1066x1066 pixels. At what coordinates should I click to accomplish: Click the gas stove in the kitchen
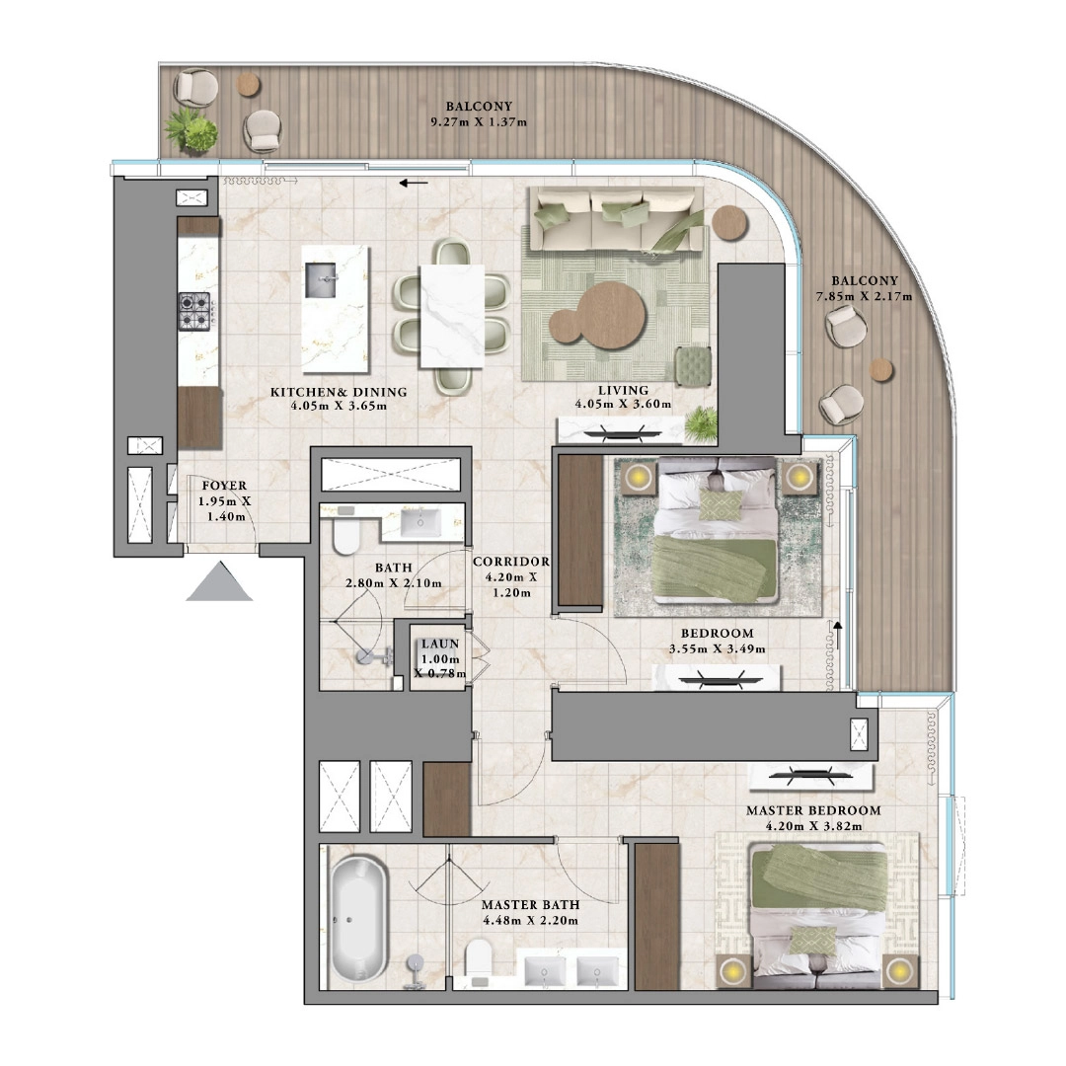[x=194, y=311]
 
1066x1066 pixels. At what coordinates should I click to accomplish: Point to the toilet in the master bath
[x=479, y=960]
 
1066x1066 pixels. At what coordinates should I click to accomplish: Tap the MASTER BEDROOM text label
[x=813, y=810]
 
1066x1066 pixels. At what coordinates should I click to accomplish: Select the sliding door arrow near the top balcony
[x=415, y=183]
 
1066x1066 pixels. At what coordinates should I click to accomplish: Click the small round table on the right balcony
[x=880, y=369]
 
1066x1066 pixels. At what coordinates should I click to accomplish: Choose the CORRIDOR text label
[x=509, y=562]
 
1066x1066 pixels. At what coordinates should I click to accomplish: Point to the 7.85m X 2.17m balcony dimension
[x=864, y=296]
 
